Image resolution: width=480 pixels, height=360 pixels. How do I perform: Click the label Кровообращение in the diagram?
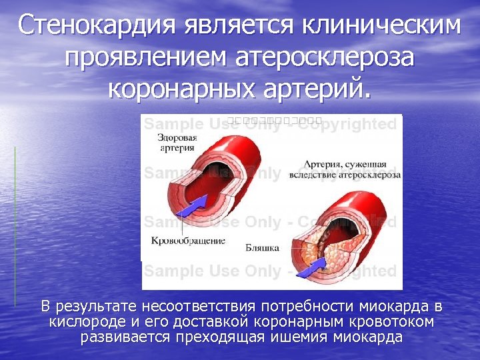click(x=189, y=240)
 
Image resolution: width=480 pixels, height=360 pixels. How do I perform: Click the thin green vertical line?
click(x=15, y=227)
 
